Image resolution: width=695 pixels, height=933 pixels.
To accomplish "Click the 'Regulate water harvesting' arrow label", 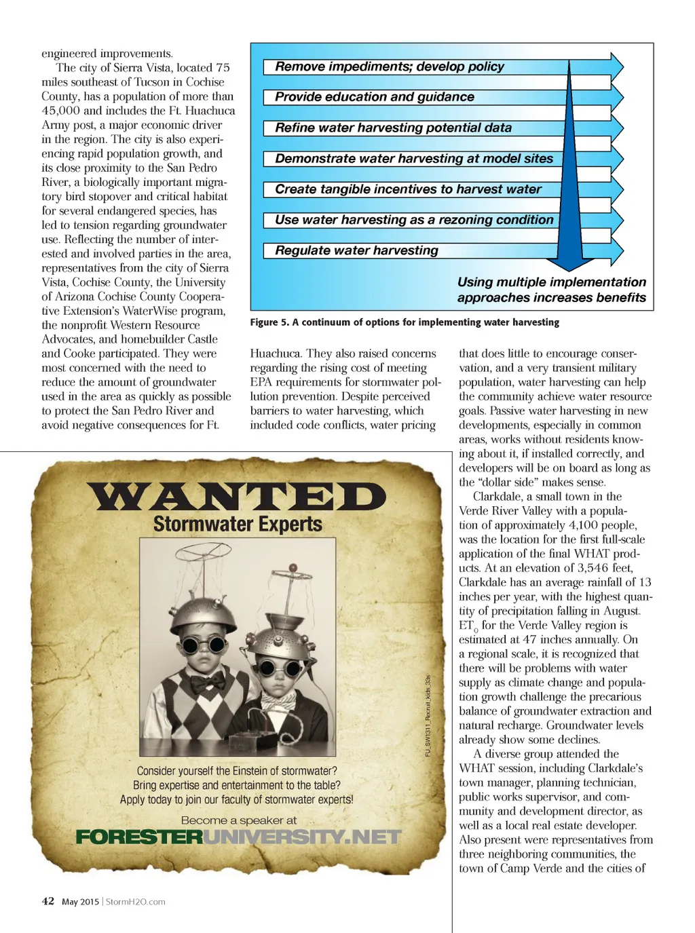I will tap(356, 250).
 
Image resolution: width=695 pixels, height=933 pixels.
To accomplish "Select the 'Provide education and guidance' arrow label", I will tap(374, 97).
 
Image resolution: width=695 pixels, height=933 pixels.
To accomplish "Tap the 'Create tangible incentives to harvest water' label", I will tap(408, 189).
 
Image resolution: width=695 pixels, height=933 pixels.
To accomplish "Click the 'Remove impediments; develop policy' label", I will tap(389, 66).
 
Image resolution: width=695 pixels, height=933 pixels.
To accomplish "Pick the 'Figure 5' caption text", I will tap(405, 322).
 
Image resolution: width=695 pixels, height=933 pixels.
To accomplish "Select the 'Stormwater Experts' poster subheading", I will tap(238, 524).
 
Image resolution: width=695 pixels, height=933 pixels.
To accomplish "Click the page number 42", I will tap(48, 901).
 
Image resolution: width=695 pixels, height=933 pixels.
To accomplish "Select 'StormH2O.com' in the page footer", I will tap(135, 902).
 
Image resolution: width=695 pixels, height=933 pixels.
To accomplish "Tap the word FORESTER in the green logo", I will tap(139, 837).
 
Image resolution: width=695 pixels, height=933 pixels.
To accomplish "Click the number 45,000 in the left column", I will tap(60, 111).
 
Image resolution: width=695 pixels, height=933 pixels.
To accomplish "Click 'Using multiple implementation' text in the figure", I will tap(551, 282).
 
